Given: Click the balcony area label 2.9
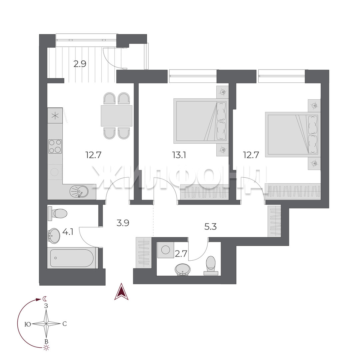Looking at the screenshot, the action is (80, 64).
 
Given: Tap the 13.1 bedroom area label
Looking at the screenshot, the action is (179, 155).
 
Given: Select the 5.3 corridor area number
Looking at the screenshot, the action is (210, 227).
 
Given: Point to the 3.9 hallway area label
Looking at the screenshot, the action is (123, 223).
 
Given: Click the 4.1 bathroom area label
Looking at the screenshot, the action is (68, 232).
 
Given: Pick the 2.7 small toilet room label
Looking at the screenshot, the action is (181, 254).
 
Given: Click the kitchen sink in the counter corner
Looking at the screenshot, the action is (79, 191).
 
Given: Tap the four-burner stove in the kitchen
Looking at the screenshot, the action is (55, 146).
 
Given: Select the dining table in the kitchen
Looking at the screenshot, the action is (116, 116).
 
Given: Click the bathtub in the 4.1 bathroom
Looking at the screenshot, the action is (72, 258).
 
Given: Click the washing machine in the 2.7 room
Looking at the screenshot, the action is (166, 250).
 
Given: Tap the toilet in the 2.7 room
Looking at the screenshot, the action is (211, 266).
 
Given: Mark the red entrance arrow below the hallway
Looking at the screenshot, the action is (121, 292).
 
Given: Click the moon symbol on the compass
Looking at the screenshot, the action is (45, 298).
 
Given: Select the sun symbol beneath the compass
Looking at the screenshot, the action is (47, 348).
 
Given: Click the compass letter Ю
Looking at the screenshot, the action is (28, 324).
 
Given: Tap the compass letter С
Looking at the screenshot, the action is (65, 324).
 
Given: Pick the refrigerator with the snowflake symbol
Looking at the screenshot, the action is (55, 115).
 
